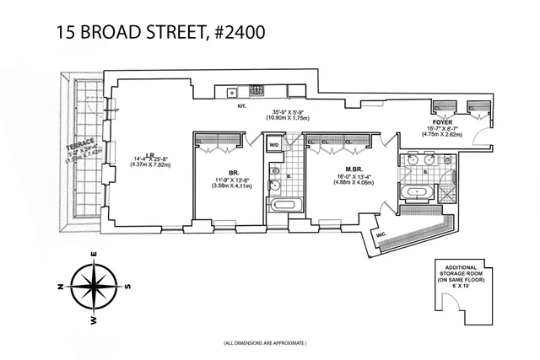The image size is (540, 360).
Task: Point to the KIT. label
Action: tap(240, 106)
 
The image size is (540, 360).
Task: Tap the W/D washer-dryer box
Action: tap(273, 146)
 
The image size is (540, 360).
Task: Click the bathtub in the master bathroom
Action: tap(418, 193)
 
